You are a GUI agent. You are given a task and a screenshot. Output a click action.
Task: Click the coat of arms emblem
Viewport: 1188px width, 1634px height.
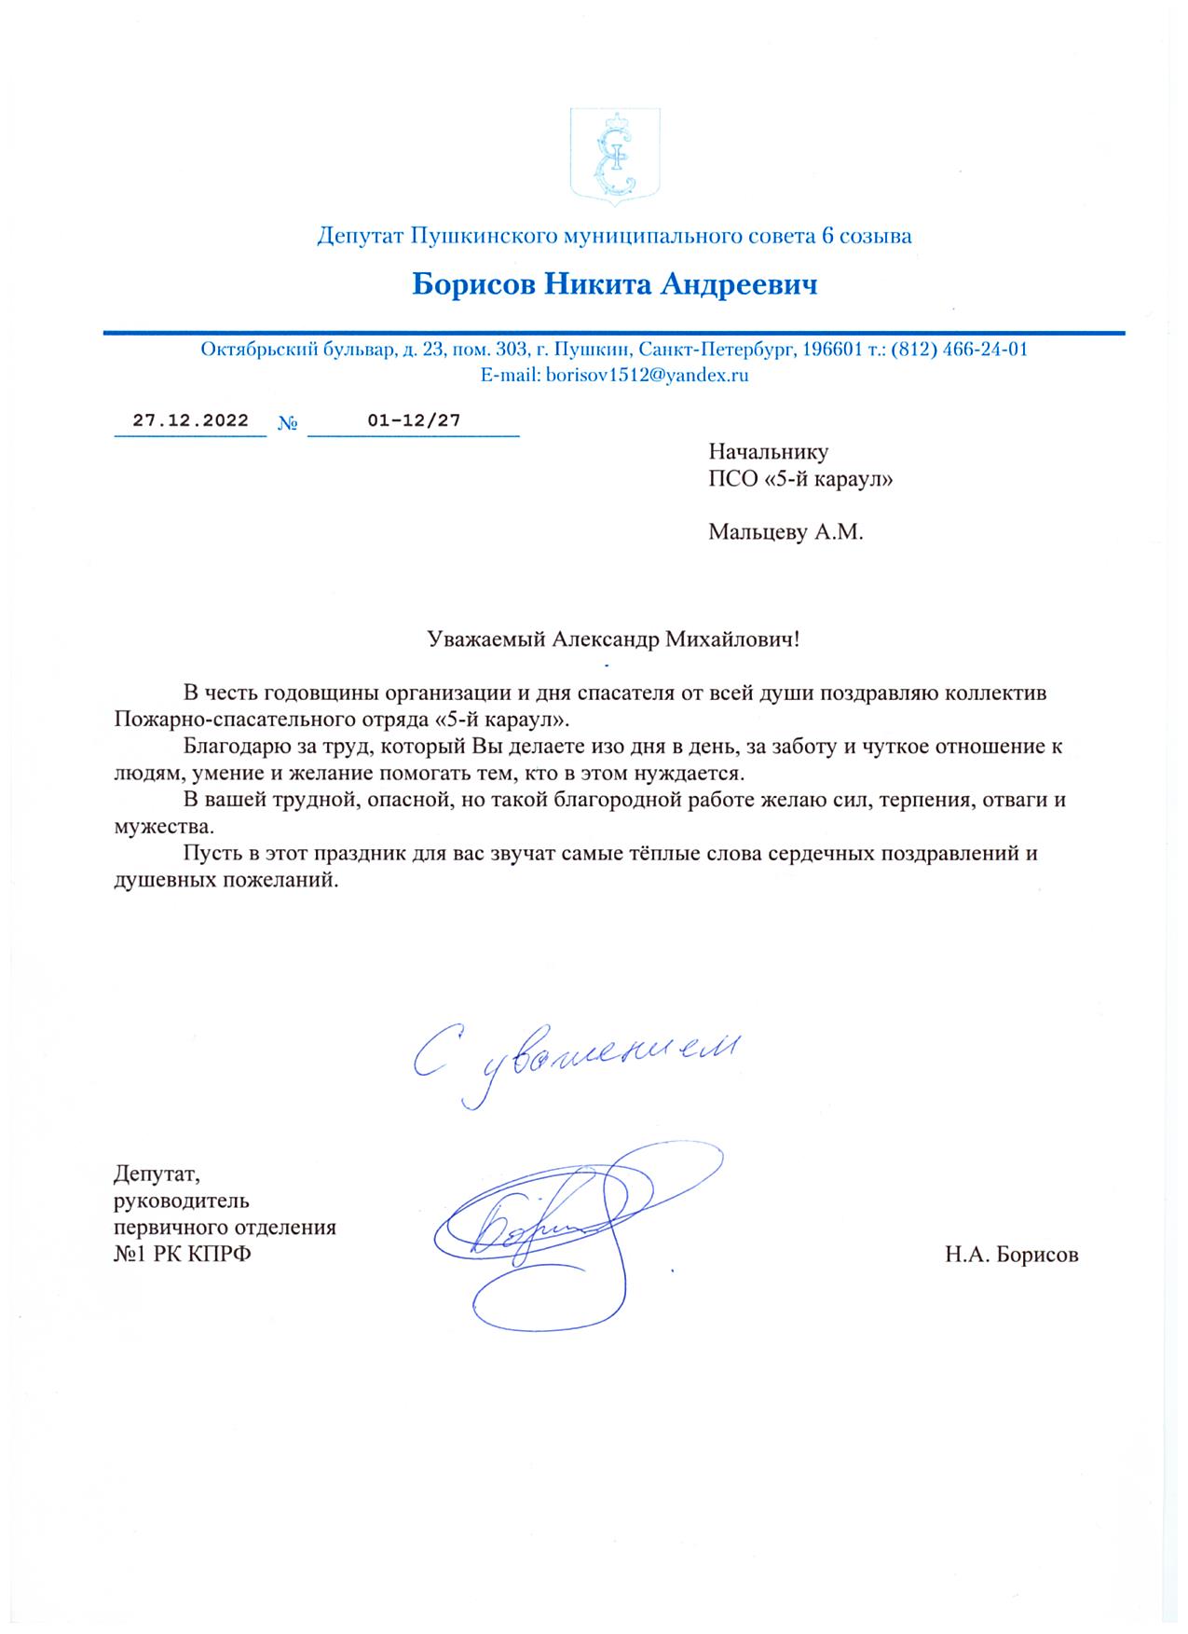pos(615,153)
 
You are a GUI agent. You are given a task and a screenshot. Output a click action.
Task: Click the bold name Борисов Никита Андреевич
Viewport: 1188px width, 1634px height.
pos(615,283)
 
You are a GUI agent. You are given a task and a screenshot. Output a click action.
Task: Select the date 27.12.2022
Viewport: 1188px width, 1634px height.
pos(191,420)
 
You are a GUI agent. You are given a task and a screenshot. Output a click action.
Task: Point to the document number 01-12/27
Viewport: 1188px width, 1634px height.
pos(414,420)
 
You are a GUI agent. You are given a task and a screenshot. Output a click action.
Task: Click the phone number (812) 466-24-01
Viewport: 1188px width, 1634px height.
pos(960,350)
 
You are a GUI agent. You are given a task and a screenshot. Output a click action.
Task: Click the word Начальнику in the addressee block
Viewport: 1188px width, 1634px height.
pos(768,452)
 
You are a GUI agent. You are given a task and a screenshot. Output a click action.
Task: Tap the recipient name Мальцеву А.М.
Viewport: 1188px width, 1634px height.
pos(785,533)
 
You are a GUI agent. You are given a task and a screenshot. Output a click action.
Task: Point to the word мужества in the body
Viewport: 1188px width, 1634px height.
pos(163,827)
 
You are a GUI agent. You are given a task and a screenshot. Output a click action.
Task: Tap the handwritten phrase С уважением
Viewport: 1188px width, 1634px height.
pos(576,1061)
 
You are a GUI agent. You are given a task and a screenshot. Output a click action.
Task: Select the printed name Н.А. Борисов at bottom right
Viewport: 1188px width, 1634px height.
pos(1011,1255)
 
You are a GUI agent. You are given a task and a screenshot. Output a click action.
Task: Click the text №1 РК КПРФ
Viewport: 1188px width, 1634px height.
pos(183,1255)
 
